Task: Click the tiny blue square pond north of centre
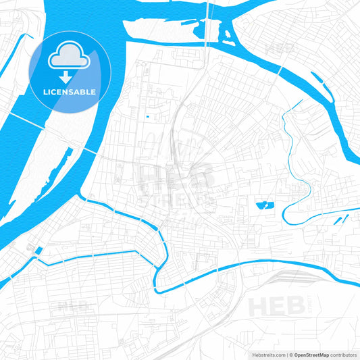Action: tap(147, 118)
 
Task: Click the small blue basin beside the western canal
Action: tap(38, 251)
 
